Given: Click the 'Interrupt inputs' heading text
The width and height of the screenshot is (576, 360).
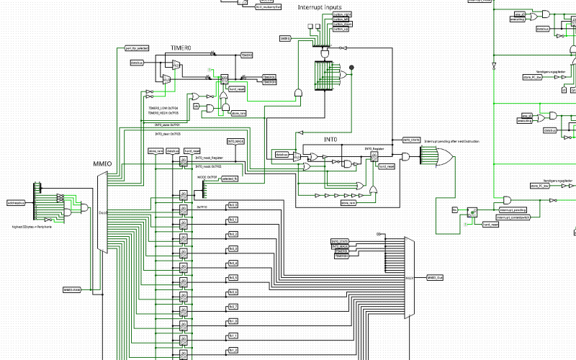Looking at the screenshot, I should [x=320, y=7].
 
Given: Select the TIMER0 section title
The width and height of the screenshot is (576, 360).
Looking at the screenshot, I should [x=181, y=48].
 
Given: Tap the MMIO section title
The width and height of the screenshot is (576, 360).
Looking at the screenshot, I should [x=102, y=164].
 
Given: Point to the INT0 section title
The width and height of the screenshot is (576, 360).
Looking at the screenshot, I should [x=330, y=139].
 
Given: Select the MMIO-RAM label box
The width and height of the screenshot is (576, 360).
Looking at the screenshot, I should [x=72, y=289].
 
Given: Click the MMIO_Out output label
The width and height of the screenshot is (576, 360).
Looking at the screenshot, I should [x=436, y=276].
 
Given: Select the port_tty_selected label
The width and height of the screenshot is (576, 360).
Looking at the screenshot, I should [x=136, y=48].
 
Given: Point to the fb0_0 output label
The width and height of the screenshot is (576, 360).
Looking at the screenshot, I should [x=233, y=205].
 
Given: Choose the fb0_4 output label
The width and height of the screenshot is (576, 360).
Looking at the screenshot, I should [x=233, y=263].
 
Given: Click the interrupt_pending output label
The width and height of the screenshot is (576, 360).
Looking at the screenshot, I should [x=512, y=210].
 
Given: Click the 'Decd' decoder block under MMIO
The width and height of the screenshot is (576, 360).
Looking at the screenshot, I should [x=102, y=212].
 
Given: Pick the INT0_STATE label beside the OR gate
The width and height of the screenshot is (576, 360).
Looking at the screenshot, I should [x=410, y=140].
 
